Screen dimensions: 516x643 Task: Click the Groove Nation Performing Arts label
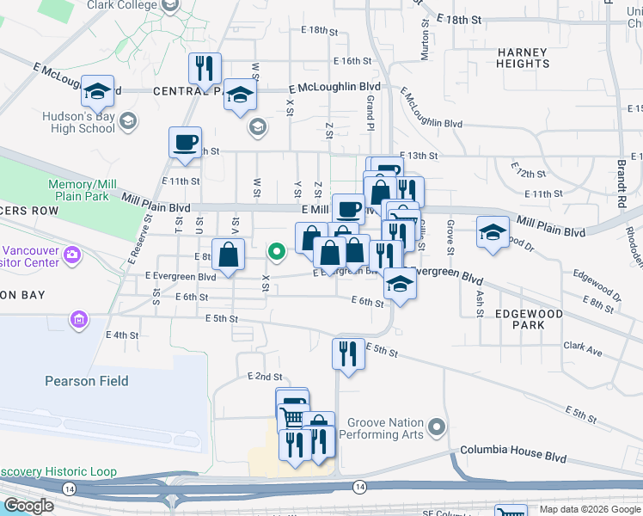[386, 428]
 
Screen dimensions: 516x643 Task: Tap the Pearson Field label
[87, 381]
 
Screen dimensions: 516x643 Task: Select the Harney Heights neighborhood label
[522, 58]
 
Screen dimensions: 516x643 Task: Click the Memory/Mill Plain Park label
[83, 190]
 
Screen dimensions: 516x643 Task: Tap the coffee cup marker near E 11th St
[185, 142]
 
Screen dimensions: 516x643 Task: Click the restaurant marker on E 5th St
[348, 353]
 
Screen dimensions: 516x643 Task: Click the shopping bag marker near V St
[228, 255]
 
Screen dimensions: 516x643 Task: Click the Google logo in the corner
[28, 506]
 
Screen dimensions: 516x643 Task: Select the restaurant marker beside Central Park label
[205, 68]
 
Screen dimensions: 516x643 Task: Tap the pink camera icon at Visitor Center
[72, 254]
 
